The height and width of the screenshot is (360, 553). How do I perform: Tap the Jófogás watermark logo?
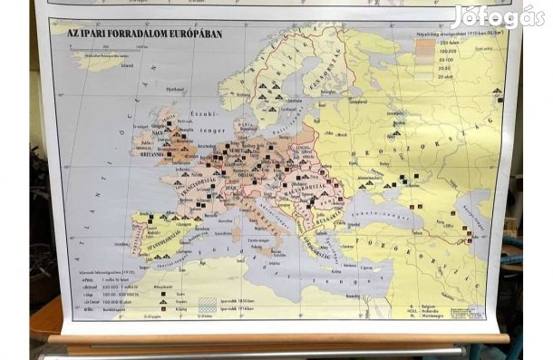[499, 15]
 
